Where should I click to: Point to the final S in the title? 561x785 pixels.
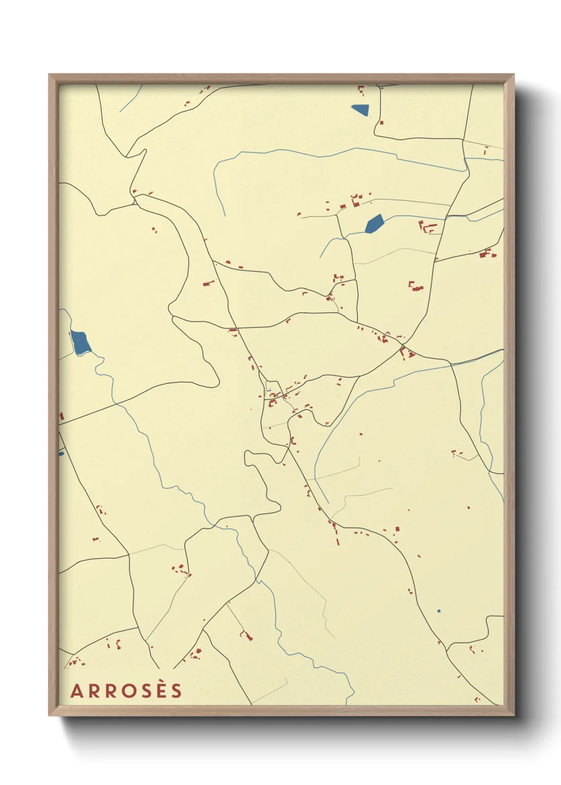coord(177,691)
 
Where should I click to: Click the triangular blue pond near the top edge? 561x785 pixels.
coord(361,110)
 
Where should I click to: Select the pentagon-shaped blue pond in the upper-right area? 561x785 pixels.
coord(374,224)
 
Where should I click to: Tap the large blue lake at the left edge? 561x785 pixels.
coord(81,343)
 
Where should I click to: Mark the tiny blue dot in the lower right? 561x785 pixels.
coord(439,611)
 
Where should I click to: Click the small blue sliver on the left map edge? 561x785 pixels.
coord(61,453)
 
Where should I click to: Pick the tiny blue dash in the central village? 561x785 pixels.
coord(269,391)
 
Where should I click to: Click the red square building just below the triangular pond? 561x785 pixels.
coord(381,123)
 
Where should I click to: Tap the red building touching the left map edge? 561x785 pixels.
coord(62,416)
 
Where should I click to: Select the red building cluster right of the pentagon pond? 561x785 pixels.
coord(427,228)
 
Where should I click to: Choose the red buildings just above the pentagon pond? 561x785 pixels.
coord(355,200)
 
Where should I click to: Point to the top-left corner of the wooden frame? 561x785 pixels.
coord(49,75)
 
